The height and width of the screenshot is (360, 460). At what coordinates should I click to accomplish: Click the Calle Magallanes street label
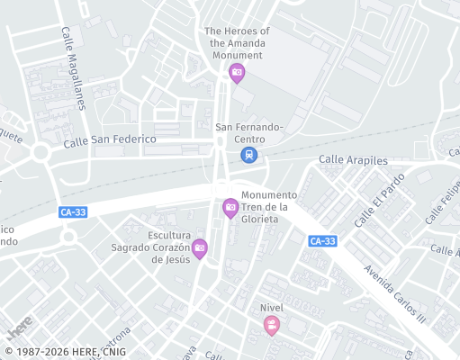coord(72,67)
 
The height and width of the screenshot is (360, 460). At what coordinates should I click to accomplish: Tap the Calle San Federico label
coord(110,139)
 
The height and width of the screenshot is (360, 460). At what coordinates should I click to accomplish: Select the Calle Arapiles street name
coord(353,160)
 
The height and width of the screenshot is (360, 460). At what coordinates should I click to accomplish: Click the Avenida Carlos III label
coord(394,293)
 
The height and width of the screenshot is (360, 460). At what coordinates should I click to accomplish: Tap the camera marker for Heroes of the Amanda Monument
coord(237,73)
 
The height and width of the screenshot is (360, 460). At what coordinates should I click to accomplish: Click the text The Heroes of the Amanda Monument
coord(237,42)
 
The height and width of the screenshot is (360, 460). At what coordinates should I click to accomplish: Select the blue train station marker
coord(248,155)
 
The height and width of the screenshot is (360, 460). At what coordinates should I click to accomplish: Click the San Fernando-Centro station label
coord(249,133)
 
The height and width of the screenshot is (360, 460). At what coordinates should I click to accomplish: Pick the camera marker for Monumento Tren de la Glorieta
coord(230,208)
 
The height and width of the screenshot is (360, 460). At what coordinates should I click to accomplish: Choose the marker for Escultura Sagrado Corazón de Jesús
coord(199,247)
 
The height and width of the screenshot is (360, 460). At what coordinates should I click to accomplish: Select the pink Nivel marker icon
coord(272,327)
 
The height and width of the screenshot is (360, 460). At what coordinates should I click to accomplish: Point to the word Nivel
coord(272,307)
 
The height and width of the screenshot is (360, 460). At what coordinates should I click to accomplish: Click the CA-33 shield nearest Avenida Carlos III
coord(321,241)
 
